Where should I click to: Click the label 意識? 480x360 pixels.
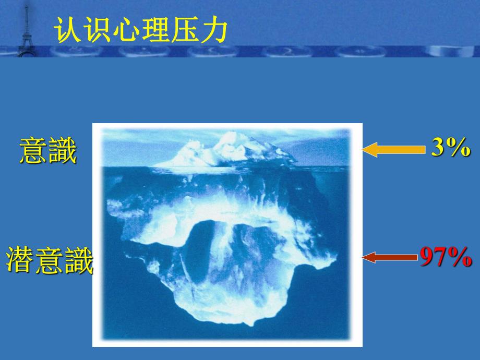[x=47, y=152]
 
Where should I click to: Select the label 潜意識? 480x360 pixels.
[x=50, y=260]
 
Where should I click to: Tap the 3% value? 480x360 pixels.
[x=451, y=149]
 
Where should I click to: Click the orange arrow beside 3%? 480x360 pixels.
[x=393, y=150]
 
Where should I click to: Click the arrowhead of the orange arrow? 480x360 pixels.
[x=369, y=150]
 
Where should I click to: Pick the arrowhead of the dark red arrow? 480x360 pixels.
[x=368, y=257]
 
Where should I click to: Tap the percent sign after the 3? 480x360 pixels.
[x=459, y=149]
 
